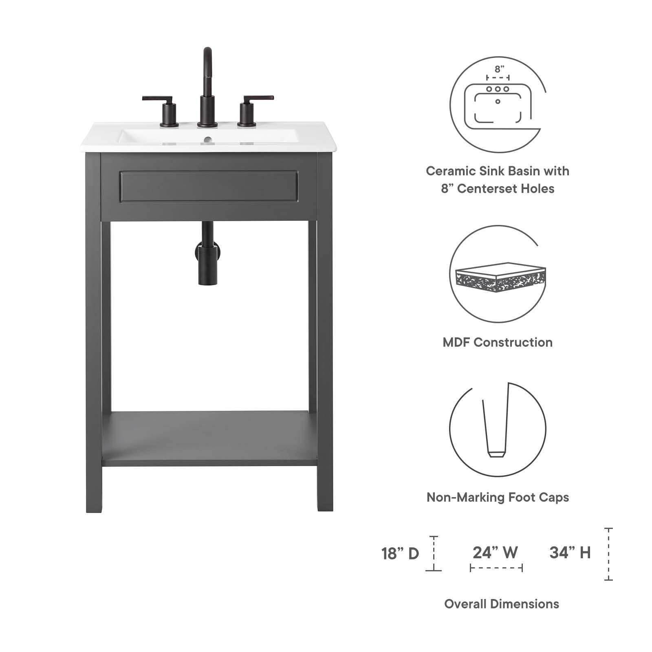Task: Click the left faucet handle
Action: pyautogui.click(x=163, y=108)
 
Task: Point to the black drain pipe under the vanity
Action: pyautogui.click(x=208, y=257)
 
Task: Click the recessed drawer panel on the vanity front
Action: pyautogui.click(x=209, y=187)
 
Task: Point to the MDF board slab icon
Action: pyautogui.click(x=500, y=277)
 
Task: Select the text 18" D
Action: pyautogui.click(x=400, y=553)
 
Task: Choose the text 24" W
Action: pyautogui.click(x=495, y=553)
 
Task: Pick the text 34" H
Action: pyautogui.click(x=570, y=553)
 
